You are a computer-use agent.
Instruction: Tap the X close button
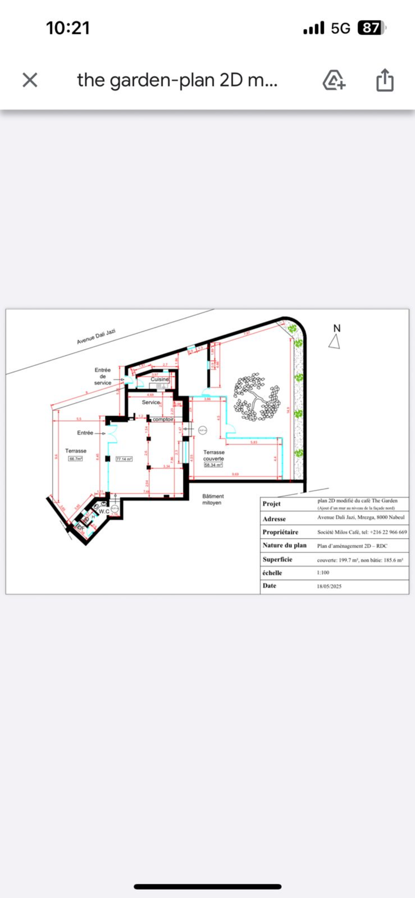(30, 80)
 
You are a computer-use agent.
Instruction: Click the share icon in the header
(384, 80)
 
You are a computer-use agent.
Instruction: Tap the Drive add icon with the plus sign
(333, 80)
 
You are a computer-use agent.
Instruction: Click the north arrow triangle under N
(334, 342)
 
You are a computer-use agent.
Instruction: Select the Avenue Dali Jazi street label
(96, 337)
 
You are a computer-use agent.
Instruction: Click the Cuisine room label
(159, 379)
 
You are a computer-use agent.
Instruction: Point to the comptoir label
(163, 419)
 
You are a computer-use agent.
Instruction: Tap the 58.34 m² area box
(213, 465)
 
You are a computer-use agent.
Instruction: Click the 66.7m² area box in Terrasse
(76, 459)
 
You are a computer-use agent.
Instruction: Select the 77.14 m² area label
(124, 459)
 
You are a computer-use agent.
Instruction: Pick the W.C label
(104, 511)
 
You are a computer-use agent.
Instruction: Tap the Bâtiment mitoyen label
(213, 499)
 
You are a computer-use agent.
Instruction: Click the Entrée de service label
(103, 376)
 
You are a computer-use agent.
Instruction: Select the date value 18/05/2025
(329, 586)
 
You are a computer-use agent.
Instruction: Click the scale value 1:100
(323, 572)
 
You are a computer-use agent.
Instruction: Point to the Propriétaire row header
(280, 532)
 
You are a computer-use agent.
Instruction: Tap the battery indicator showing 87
(371, 28)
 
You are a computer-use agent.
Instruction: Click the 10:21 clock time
(68, 28)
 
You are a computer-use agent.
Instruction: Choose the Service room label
(151, 402)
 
